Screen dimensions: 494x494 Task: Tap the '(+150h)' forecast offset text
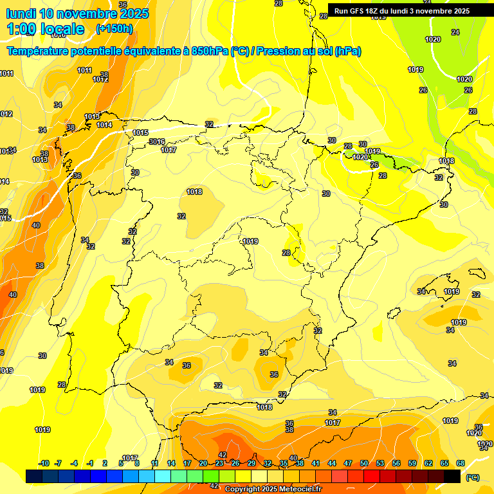tap(114, 28)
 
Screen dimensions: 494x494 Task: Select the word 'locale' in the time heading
tap(62, 29)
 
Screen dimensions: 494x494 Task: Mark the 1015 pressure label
tap(140, 133)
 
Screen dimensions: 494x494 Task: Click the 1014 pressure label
tap(104, 125)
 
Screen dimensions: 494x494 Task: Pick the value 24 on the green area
tap(455, 32)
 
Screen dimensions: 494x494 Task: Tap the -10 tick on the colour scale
tap(44, 463)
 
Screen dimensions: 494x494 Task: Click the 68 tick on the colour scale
tap(461, 463)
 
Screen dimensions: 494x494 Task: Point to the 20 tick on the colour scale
tap(203, 463)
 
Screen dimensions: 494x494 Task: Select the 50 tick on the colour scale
tap(364, 463)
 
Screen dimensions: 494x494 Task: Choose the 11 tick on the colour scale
tap(155, 463)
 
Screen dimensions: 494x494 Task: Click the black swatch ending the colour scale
tap(452, 476)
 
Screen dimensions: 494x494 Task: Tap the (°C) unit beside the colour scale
tap(472, 477)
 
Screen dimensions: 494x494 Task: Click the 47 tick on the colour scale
tap(348, 463)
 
